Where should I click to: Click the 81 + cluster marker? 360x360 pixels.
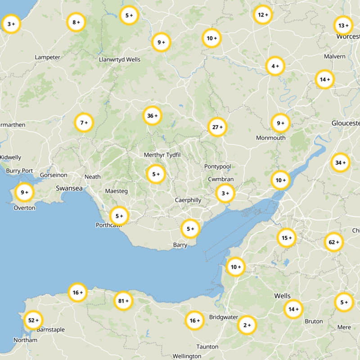(123, 301)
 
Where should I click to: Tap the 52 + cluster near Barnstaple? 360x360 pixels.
(33, 320)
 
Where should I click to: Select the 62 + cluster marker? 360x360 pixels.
(334, 243)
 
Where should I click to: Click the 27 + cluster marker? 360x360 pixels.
(217, 127)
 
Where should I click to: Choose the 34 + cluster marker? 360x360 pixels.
(340, 162)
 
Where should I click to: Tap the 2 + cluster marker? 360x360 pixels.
(247, 325)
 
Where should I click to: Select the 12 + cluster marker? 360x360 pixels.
(263, 15)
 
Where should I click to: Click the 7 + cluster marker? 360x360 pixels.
(84, 122)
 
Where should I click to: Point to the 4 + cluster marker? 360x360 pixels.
(275, 67)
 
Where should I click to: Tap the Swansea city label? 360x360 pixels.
(69, 189)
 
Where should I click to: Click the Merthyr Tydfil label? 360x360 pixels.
(162, 155)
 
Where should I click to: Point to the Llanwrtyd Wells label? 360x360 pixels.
(119, 59)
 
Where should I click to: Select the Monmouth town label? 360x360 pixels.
(270, 138)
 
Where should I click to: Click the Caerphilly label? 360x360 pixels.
(188, 200)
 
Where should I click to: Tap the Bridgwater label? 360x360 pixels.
(224, 317)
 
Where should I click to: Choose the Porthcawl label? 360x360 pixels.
(108, 225)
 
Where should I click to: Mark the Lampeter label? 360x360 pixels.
(47, 57)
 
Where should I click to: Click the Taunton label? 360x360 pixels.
(207, 346)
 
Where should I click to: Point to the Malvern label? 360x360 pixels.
(334, 56)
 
